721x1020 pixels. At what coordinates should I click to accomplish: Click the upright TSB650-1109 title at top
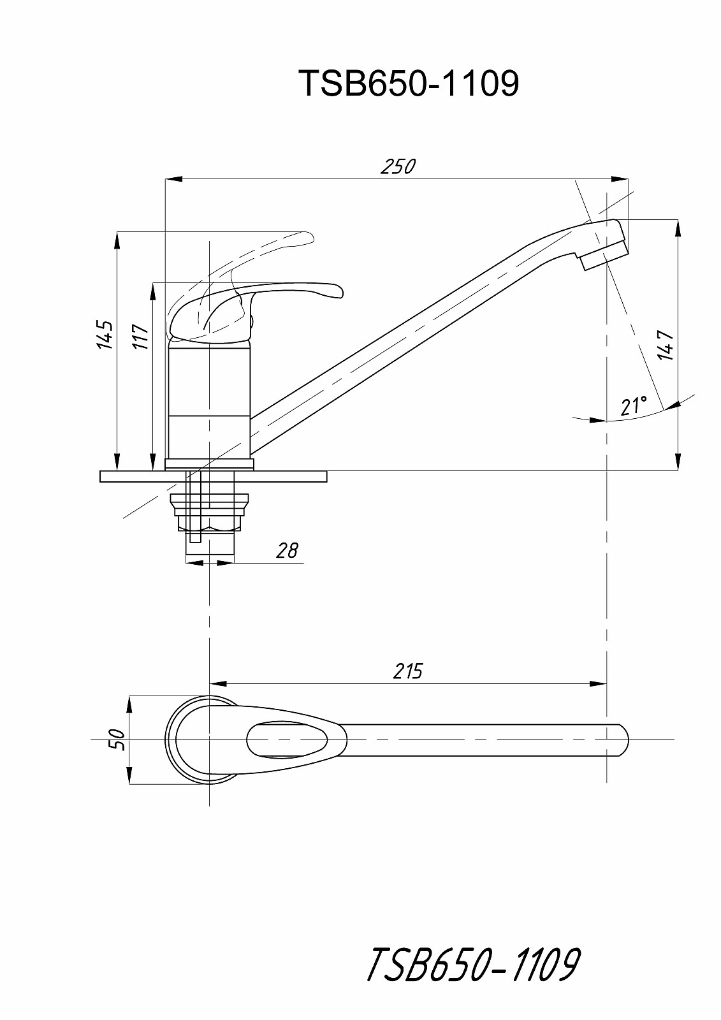409,84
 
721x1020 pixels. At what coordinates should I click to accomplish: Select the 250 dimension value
398,166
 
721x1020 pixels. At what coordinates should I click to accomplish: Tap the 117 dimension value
142,337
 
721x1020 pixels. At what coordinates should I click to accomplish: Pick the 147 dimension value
666,345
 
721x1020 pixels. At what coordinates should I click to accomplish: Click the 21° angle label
634,405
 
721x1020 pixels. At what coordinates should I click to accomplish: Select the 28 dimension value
287,551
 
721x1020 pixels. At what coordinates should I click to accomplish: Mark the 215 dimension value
407,671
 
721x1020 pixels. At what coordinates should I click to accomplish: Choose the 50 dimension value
117,739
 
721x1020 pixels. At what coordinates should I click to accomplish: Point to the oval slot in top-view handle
287,740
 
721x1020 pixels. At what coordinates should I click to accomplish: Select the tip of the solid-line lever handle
342,293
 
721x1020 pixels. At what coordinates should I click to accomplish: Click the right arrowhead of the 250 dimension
620,179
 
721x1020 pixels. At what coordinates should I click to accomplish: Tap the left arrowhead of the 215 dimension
218,684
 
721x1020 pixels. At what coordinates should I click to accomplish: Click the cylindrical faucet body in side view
209,401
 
